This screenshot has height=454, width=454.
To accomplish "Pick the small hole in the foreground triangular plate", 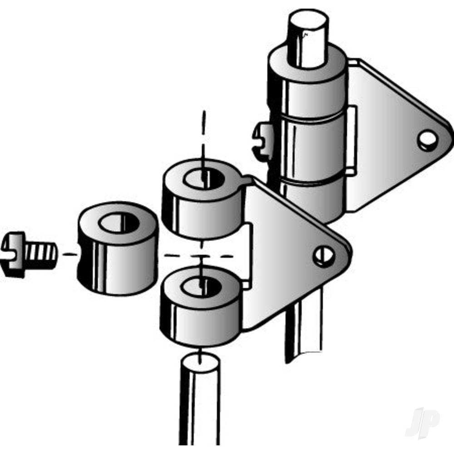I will [x=324, y=256].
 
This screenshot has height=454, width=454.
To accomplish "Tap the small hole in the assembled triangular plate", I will [x=427, y=141].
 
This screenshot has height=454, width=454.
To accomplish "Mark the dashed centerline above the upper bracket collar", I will [x=204, y=132].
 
